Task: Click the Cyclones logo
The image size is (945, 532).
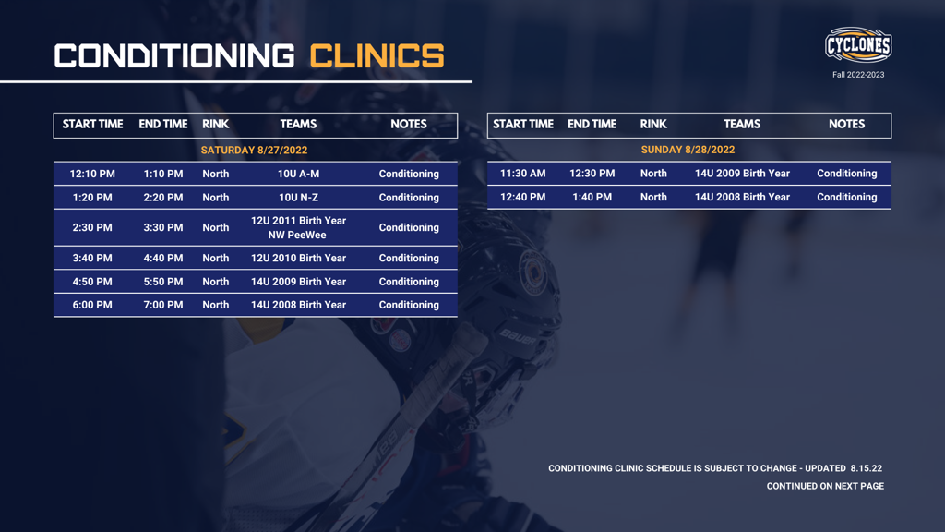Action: pos(858,45)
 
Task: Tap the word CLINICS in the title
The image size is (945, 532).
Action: pos(377,56)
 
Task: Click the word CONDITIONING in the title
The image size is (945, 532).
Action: pos(173,56)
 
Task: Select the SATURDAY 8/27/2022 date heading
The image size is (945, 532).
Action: pos(254,150)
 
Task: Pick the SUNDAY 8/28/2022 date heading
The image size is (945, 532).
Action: pos(688,150)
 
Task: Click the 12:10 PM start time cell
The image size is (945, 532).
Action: pos(92,174)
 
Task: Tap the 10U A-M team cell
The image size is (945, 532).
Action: pos(298,174)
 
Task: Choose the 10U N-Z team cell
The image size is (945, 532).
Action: pos(298,198)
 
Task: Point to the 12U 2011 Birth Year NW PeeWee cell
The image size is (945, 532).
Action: pos(298,227)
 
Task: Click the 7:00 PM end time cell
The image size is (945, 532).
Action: pos(163,305)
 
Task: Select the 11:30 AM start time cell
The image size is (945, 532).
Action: pos(523,174)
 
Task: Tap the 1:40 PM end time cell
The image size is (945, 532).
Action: pos(592,197)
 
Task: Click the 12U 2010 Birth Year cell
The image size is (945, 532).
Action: pos(298,259)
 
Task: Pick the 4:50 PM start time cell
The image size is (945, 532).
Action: pos(92,282)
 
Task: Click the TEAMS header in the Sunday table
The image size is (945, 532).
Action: pos(742,125)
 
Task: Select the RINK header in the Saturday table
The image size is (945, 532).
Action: pos(215,125)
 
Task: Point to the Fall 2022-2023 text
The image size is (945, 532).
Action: pos(858,75)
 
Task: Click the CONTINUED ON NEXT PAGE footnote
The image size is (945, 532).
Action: pos(825,486)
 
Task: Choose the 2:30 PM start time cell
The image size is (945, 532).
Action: pos(92,227)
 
